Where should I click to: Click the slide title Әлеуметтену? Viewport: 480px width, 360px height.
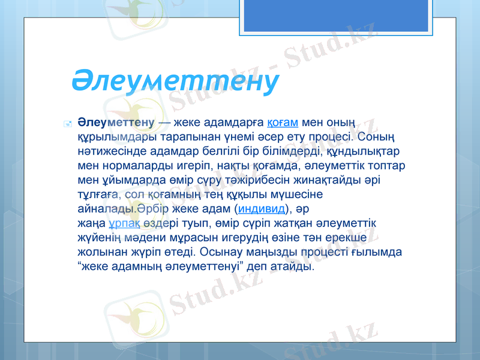[x=175, y=80]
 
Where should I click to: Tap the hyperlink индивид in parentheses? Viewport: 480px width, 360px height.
[x=263, y=209]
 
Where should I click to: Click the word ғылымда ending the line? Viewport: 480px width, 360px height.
[x=382, y=251]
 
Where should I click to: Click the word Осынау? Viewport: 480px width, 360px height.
[x=220, y=251]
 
